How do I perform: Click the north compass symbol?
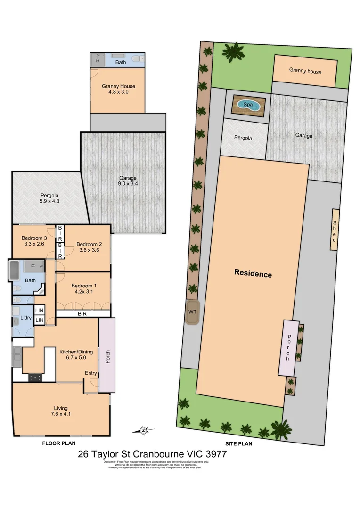tap(144, 430)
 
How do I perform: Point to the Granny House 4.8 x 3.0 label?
tap(118, 89)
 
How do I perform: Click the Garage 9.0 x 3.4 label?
tap(127, 181)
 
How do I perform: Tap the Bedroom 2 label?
tap(90, 247)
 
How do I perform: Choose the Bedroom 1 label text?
tap(84, 289)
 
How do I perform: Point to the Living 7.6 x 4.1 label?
tap(60, 411)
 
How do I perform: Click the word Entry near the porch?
tap(90, 373)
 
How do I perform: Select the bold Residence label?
tap(253, 274)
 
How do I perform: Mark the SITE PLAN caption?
tap(238, 443)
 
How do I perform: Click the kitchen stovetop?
tap(35, 377)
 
